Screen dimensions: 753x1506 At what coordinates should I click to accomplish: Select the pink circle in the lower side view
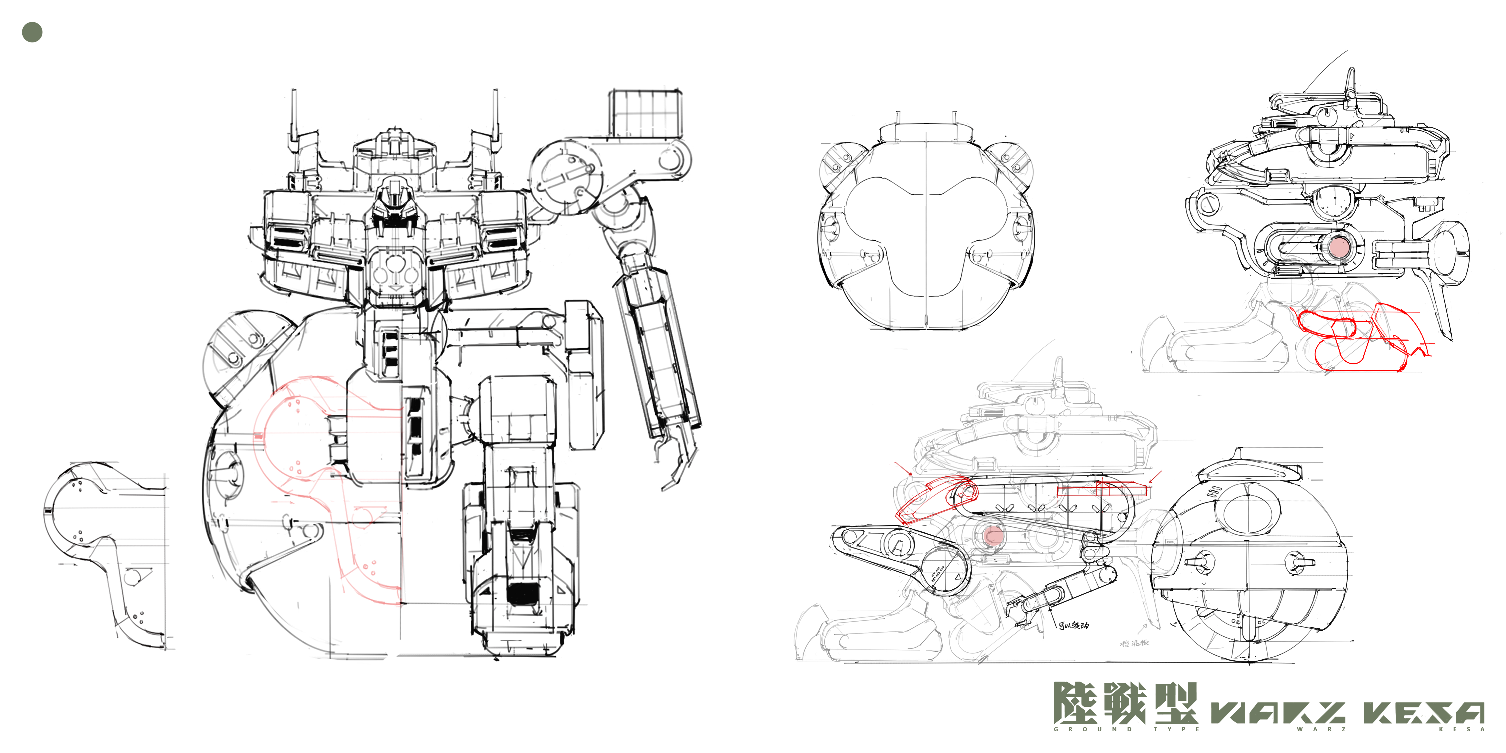click(x=992, y=535)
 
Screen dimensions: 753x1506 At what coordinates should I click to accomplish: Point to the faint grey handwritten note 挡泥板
click(x=1134, y=643)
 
